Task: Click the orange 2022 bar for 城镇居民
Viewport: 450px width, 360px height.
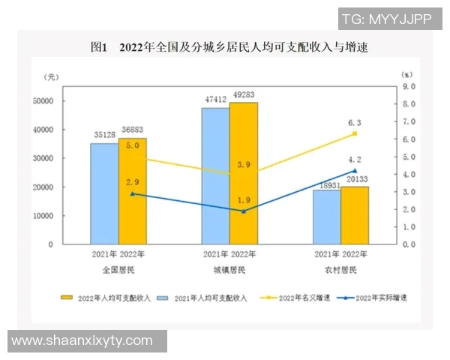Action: pyautogui.click(x=243, y=173)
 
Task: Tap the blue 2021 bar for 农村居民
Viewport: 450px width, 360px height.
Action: pyautogui.click(x=327, y=217)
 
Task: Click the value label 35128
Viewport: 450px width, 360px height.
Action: pyautogui.click(x=103, y=136)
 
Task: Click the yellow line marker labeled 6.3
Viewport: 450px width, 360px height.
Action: pyautogui.click(x=355, y=133)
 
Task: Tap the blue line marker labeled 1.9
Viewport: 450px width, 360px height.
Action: pyautogui.click(x=243, y=211)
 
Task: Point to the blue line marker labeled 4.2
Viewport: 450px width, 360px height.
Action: pyautogui.click(x=355, y=171)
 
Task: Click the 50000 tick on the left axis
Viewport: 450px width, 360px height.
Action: pyautogui.click(x=42, y=101)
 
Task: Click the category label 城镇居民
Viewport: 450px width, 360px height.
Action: pyautogui.click(x=229, y=268)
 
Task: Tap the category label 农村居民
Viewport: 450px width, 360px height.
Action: pyautogui.click(x=341, y=268)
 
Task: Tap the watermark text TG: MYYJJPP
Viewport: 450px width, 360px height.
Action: pyautogui.click(x=386, y=20)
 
